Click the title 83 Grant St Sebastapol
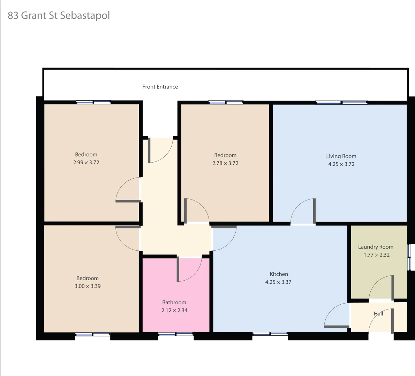click(59, 16)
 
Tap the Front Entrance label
click(160, 87)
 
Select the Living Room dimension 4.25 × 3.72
click(341, 164)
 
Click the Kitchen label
click(279, 274)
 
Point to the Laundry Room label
click(376, 247)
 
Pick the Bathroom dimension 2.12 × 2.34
click(174, 310)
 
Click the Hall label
click(378, 313)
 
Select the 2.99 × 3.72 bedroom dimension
click(86, 162)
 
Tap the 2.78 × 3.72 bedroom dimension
click(225, 163)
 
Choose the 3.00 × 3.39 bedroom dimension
click(88, 286)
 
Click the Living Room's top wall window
click(341, 102)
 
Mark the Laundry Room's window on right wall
click(410, 257)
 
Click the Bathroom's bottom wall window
click(176, 334)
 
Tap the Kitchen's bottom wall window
click(270, 334)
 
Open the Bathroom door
click(189, 269)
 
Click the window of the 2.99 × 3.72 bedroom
click(93, 102)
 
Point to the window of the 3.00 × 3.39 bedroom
click(92, 335)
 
